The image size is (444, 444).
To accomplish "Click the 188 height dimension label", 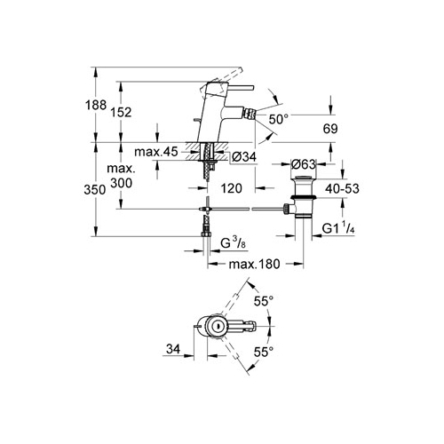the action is click(x=95, y=105).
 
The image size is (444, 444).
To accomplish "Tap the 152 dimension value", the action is click(x=121, y=113).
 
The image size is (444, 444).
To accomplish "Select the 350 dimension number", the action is click(x=94, y=190).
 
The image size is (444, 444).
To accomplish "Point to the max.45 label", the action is click(x=156, y=152).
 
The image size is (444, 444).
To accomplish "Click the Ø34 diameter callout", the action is click(x=244, y=157).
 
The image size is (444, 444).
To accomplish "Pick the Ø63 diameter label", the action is click(x=304, y=164).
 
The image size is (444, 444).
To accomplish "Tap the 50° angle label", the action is click(x=278, y=120).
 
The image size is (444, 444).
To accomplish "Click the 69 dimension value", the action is click(x=330, y=129).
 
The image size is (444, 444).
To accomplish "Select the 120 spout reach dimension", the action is click(x=231, y=188).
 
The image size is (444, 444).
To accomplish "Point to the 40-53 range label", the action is click(x=342, y=188).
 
